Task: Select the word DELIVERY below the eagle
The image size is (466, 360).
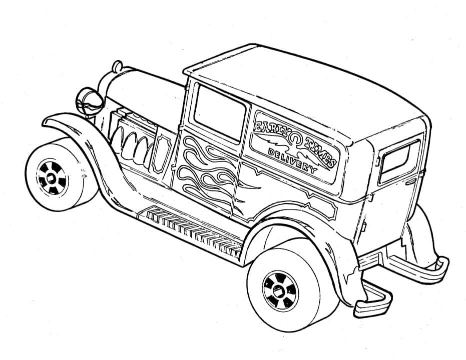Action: coord(293,160)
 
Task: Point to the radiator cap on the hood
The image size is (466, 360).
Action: coord(117,66)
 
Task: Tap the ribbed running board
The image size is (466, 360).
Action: coord(195,227)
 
